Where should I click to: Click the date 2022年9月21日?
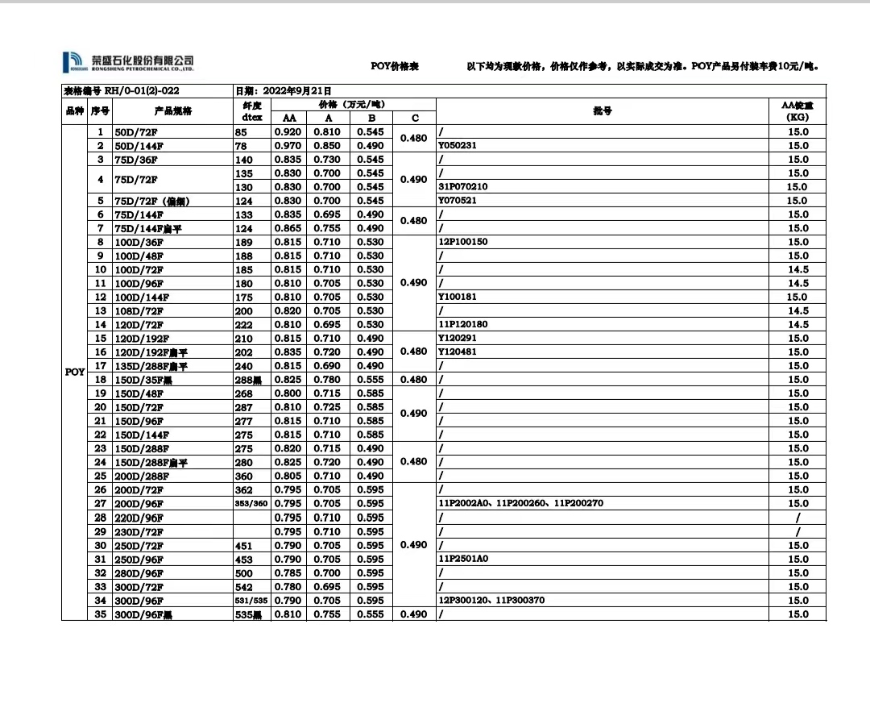[283, 91]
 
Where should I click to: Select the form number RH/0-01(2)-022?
[121, 91]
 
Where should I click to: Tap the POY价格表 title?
[395, 66]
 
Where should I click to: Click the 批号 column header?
[602, 111]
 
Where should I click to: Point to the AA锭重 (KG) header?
[797, 111]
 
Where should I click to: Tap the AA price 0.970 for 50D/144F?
[288, 146]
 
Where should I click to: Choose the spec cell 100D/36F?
[139, 242]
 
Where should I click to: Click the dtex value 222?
[243, 325]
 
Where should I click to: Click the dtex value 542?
[243, 587]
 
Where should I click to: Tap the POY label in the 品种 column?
[75, 372]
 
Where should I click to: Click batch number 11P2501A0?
[463, 560]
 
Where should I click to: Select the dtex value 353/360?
[251, 504]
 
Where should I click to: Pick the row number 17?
[101, 366]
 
